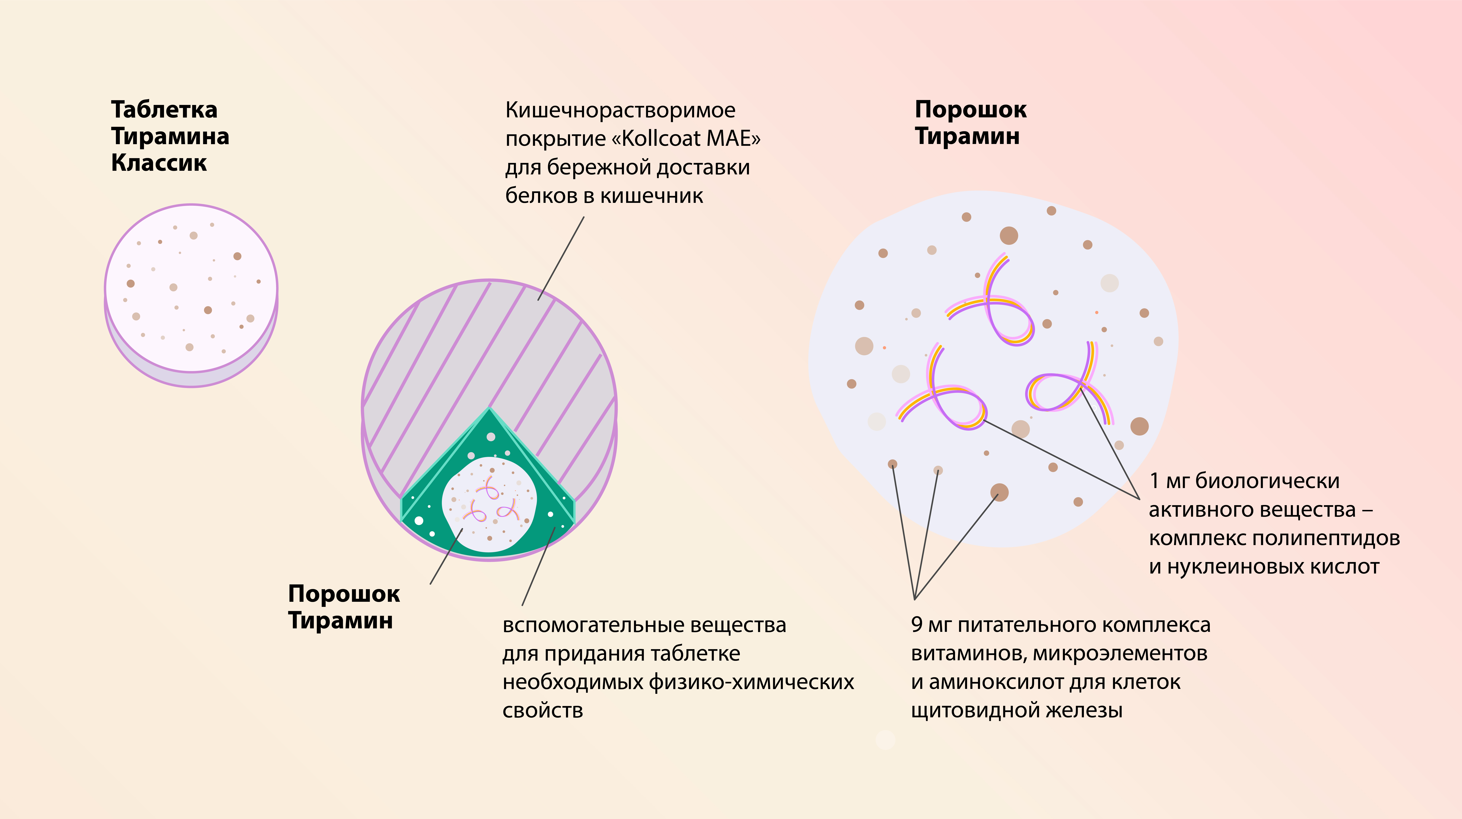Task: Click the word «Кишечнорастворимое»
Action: tap(620, 110)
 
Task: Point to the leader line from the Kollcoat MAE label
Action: tap(561, 258)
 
